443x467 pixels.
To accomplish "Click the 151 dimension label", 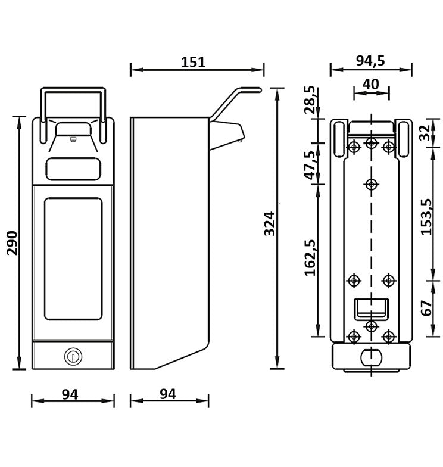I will pos(193,61).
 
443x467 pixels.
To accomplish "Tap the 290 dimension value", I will pos(12,242).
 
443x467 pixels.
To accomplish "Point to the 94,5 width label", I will pos(370,60).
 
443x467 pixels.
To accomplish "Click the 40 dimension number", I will pos(372,83).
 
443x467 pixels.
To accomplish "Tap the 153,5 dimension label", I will pos(426,216).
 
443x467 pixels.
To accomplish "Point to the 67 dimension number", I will pos(427,308).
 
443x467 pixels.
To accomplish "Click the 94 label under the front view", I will pos(70,394).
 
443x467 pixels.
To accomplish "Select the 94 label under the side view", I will pos(169,394).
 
